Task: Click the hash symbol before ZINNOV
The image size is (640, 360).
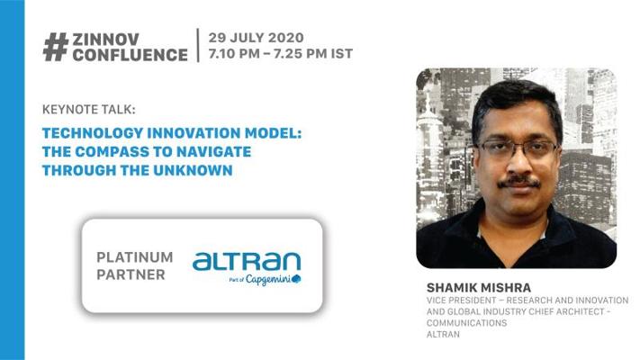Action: pos(56,48)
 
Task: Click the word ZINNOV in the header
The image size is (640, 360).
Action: pos(106,40)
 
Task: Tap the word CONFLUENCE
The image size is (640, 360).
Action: pos(131,55)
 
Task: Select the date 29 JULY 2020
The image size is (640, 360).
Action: pos(257,38)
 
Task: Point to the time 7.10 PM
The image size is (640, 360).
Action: pos(234,53)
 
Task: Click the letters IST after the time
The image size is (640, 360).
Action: pos(342,53)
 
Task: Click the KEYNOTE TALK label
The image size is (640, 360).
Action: pos(88,110)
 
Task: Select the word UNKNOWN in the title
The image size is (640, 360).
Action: pos(193,170)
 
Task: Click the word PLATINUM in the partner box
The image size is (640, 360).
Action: pos(135,257)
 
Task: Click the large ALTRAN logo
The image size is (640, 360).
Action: pos(247,261)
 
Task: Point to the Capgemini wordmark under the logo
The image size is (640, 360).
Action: pos(268,280)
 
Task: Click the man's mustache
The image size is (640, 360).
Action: pos(518,182)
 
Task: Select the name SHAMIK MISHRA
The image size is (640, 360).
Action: pos(479,288)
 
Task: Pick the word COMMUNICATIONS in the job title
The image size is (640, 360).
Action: pos(467,323)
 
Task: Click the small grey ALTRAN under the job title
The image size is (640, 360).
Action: pos(443,335)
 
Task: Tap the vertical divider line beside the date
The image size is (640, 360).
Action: pos(198,45)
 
